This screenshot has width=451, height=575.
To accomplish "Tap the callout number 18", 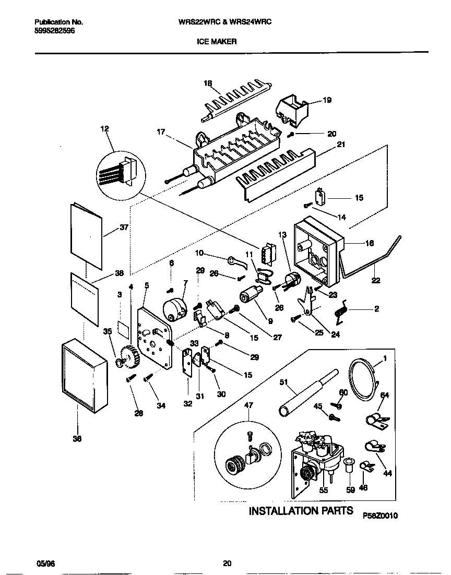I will pyautogui.click(x=208, y=83).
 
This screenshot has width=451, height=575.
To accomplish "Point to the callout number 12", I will pyautogui.click(x=105, y=128).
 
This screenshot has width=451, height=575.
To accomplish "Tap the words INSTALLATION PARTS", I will pyautogui.click(x=301, y=511).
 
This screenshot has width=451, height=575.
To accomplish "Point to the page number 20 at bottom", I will pyautogui.click(x=227, y=564).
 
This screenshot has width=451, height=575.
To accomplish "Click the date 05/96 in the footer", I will pyautogui.click(x=45, y=564).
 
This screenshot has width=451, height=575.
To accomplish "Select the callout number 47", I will pyautogui.click(x=248, y=404).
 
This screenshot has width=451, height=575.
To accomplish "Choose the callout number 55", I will pyautogui.click(x=323, y=490).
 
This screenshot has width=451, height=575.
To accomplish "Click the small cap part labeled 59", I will pyautogui.click(x=349, y=464).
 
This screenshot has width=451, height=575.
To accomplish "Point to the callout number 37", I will pyautogui.click(x=124, y=228).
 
